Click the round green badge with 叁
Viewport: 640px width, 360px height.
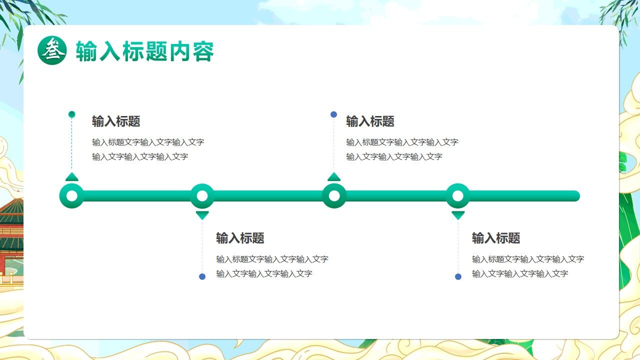click(52, 50)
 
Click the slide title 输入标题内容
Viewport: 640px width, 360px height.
click(145, 51)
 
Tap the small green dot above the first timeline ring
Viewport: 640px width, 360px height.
click(72, 114)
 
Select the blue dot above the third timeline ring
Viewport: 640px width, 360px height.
click(334, 114)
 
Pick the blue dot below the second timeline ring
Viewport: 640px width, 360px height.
click(202, 276)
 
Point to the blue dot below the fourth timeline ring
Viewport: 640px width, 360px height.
click(458, 276)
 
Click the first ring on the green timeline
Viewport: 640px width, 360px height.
click(72, 196)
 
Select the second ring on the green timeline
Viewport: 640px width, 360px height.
click(202, 196)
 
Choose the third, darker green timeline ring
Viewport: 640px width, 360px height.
click(334, 196)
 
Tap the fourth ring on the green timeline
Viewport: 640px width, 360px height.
click(458, 196)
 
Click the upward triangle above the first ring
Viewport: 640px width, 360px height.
click(72, 177)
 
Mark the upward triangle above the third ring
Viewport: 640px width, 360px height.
click(334, 177)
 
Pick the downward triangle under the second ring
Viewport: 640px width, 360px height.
click(202, 215)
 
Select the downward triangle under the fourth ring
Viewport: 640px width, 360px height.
click(458, 215)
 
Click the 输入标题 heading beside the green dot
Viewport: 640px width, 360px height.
click(116, 121)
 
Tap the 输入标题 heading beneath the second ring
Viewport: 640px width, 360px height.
click(240, 238)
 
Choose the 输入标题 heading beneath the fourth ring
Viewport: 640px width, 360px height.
click(496, 238)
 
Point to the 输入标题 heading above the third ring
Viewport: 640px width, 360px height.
click(370, 121)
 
